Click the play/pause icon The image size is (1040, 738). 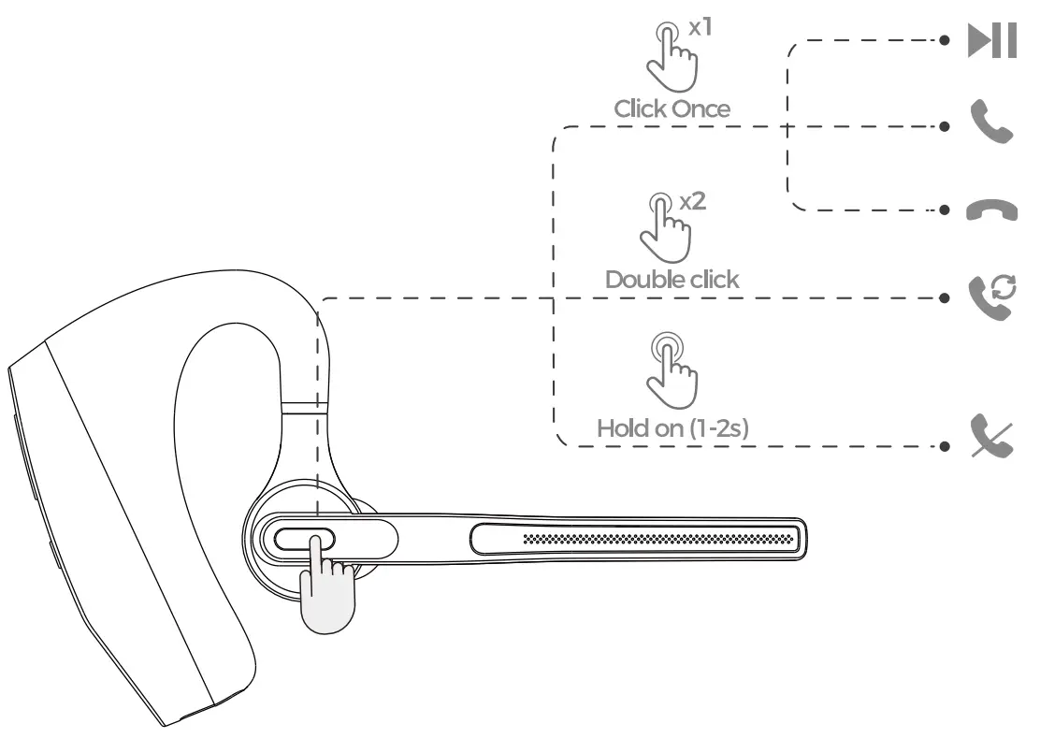(992, 40)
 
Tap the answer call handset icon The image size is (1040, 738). (991, 122)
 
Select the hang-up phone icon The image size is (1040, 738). (991, 210)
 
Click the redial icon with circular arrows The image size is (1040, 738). (992, 297)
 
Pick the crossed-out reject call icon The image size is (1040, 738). (991, 436)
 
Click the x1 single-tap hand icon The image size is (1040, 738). (672, 58)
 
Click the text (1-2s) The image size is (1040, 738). (719, 428)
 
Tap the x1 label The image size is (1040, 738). (701, 27)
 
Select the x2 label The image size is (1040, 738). (693, 201)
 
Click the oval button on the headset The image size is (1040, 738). (305, 539)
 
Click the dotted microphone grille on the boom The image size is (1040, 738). (658, 539)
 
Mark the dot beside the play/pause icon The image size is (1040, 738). (945, 40)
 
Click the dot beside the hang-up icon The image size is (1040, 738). (945, 210)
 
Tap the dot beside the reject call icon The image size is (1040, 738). (945, 446)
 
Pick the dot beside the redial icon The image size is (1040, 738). (945, 298)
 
